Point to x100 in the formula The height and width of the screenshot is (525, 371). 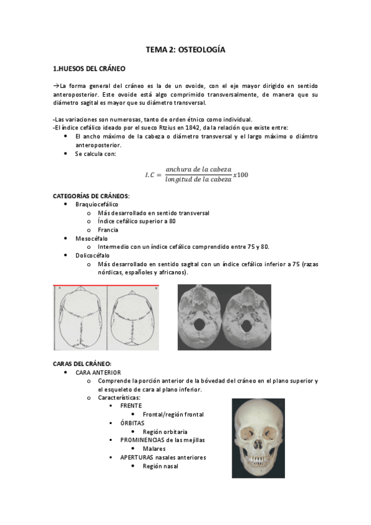(x=241, y=175)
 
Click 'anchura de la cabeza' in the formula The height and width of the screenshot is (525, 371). (x=198, y=169)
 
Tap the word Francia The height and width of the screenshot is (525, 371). (x=108, y=230)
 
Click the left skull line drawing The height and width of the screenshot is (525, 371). (x=81, y=318)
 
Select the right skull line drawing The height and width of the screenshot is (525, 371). (x=133, y=318)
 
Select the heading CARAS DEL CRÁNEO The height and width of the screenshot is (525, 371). (x=82, y=363)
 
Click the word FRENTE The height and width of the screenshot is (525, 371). (x=131, y=405)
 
